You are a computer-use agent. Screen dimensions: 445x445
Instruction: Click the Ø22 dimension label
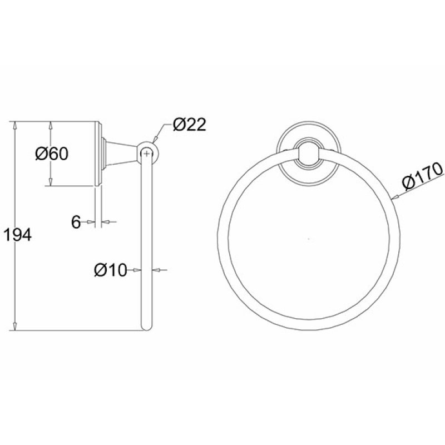[189, 125]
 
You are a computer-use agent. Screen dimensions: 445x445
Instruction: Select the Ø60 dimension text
[52, 154]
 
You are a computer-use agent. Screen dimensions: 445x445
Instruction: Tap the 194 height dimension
[17, 235]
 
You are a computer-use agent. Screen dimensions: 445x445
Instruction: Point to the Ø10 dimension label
[110, 270]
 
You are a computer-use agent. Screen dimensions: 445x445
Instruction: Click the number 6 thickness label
[76, 222]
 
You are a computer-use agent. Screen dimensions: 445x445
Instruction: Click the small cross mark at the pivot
[146, 154]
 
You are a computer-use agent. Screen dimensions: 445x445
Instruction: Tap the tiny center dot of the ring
[309, 239]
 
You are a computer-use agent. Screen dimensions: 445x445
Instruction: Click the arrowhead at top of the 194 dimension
[15, 126]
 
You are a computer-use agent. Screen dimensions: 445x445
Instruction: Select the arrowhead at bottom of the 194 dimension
[15, 326]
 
